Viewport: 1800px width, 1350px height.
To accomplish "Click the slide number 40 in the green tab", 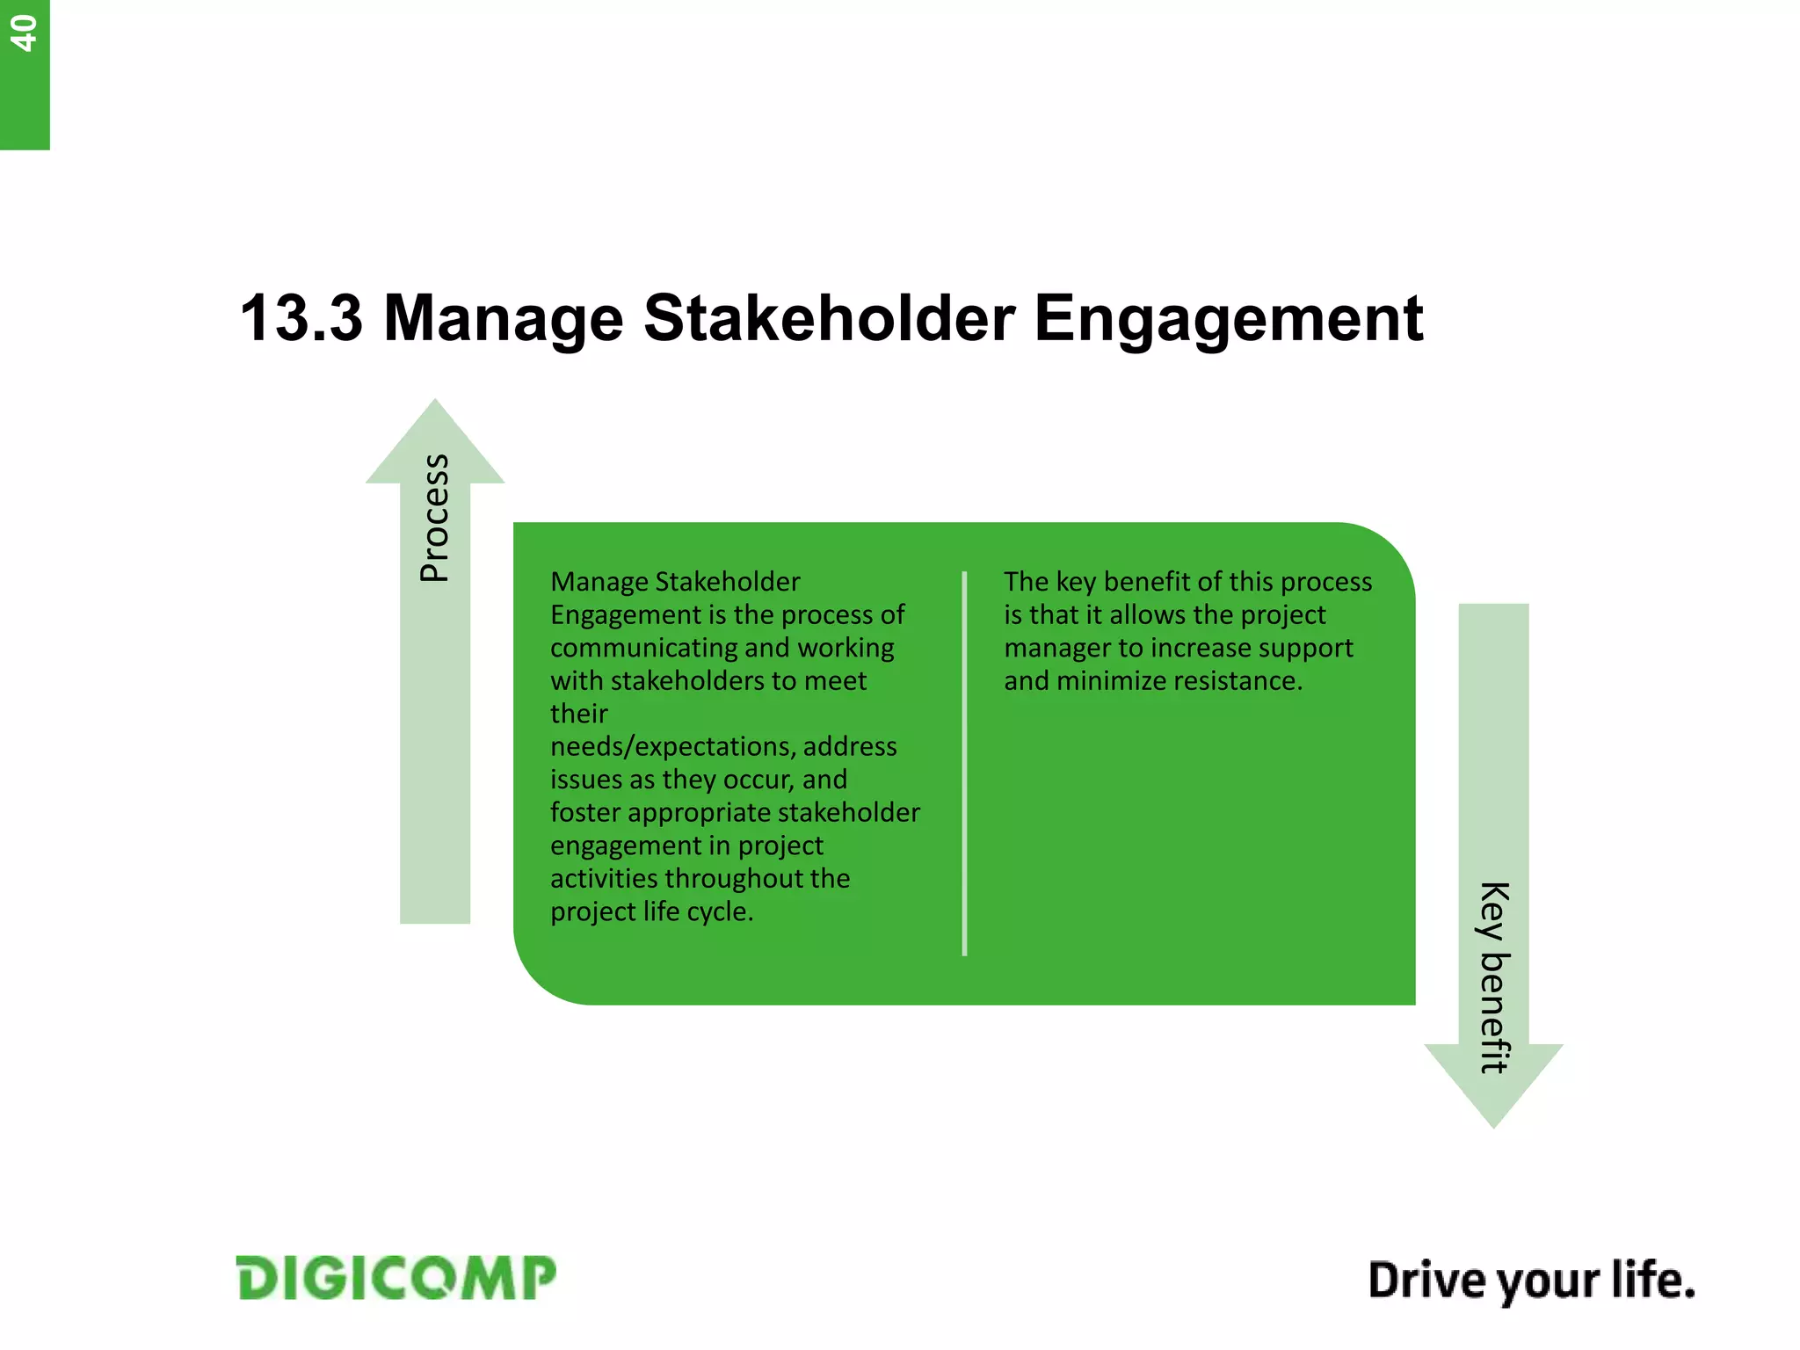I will click(24, 33).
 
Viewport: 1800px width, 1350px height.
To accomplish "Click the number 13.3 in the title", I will click(301, 318).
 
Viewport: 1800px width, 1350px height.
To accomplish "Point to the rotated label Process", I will click(434, 518).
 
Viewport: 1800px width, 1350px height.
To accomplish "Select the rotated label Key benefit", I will click(1494, 976).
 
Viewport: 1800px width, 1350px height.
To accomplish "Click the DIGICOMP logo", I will click(396, 1278).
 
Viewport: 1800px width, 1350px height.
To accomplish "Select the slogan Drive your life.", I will click(1531, 1281).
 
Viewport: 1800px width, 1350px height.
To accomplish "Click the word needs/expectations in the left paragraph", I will click(672, 747).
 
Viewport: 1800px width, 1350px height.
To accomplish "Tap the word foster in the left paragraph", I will click(584, 812).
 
